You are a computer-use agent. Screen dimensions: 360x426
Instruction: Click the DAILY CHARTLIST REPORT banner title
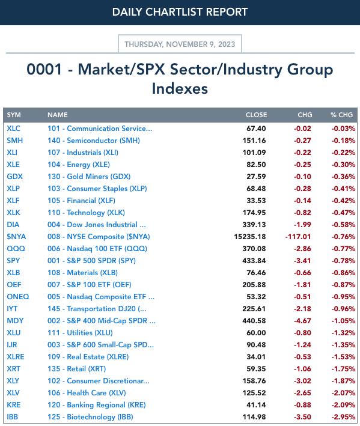pos(180,12)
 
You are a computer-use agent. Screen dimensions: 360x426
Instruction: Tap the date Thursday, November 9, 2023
pos(180,44)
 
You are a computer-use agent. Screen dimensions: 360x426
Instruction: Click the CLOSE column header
pos(256,115)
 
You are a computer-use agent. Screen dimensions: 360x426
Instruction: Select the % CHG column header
pos(342,115)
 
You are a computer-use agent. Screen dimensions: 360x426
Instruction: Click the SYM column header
pos(14,115)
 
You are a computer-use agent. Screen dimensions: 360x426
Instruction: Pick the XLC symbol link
pos(14,128)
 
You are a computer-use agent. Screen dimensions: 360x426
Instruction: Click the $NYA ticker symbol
pos(16,236)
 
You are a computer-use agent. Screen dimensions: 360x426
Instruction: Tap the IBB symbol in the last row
pos(12,416)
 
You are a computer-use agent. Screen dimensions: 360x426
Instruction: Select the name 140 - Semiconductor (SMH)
pos(94,141)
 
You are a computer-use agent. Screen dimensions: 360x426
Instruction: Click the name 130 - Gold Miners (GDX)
pos(89,176)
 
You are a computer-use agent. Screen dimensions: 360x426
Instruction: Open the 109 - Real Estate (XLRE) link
pos(88,356)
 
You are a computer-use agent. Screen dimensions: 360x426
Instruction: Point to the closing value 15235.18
pos(250,237)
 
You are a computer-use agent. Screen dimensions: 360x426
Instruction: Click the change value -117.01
pos(298,237)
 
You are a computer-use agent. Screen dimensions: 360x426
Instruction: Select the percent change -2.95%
pos(343,417)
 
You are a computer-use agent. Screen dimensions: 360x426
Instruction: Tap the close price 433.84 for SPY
pos(254,261)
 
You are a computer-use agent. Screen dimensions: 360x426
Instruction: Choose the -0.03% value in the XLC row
pos(343,129)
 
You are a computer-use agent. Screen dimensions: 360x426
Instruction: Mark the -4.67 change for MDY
pos(302,321)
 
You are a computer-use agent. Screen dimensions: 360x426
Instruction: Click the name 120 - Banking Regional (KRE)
pos(97,404)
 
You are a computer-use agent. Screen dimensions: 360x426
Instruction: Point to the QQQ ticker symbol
pos(16,248)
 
